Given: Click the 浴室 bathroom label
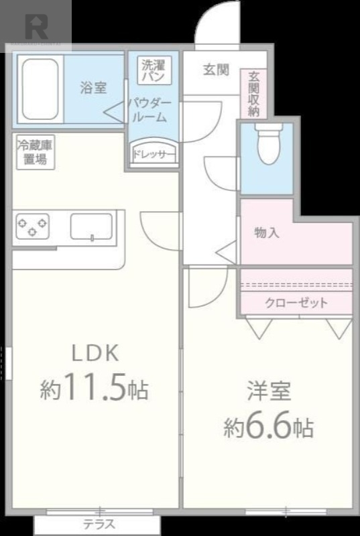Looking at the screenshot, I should tap(93, 87).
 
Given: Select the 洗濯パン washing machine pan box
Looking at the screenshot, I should tap(156, 70).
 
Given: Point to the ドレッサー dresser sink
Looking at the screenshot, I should tap(154, 153).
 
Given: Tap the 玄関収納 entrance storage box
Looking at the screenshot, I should tap(253, 94).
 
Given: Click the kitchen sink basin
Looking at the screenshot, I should tap(91, 226).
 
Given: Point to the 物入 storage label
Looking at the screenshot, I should tap(267, 232).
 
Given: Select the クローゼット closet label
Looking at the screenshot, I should tap(296, 303).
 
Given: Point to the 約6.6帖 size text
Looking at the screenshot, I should tap(268, 427).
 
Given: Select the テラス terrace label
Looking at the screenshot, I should tap(99, 525).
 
